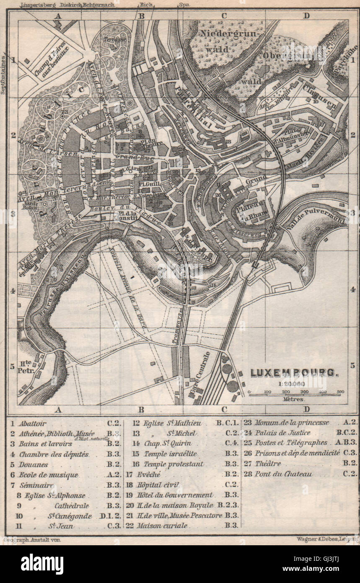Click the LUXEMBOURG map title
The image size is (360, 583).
(293, 372)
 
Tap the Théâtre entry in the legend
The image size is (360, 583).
(268, 464)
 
